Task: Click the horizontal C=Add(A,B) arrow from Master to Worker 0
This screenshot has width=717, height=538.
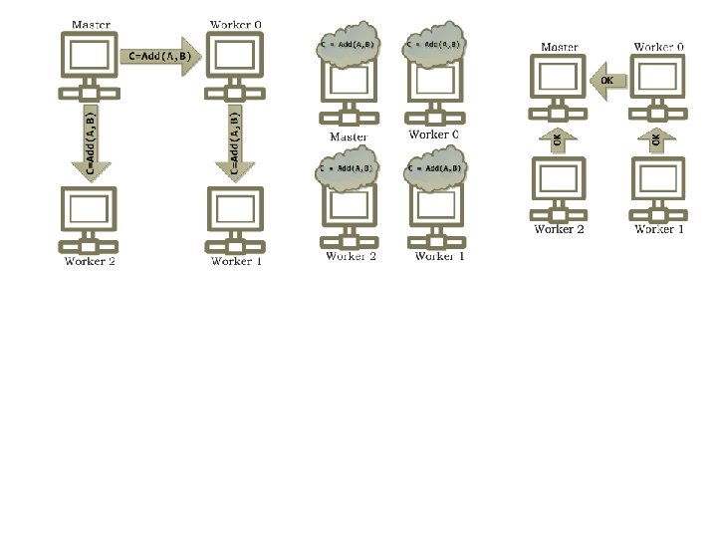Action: point(160,57)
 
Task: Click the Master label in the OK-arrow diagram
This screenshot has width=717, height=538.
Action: point(559,47)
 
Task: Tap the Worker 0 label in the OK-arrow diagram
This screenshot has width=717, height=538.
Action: point(659,47)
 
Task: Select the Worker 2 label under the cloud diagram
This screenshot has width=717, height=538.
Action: point(351,256)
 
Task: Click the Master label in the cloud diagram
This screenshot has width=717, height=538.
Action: point(349,136)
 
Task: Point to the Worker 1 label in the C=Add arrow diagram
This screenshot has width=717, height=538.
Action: point(237,262)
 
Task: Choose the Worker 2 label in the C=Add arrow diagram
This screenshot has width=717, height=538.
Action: point(91,262)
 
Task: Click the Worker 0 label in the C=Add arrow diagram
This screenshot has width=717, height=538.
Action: point(237,24)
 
